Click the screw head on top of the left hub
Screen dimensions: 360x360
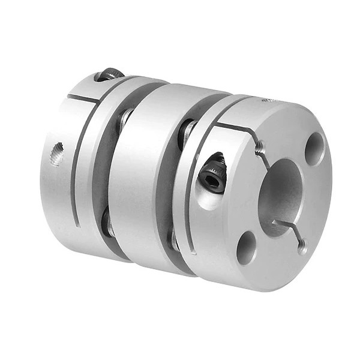(110, 74)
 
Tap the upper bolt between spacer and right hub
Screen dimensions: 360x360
(186, 129)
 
